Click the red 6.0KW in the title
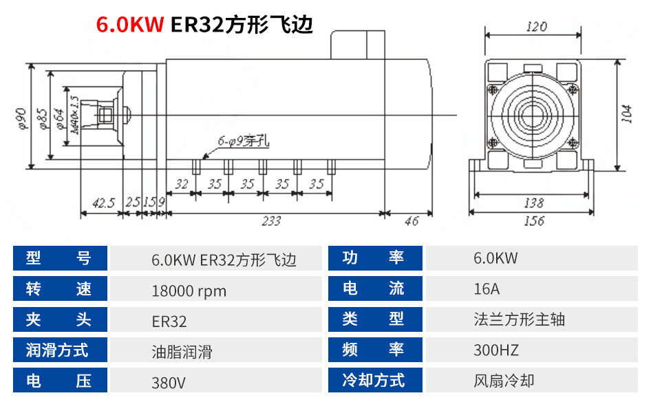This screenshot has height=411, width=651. click(129, 25)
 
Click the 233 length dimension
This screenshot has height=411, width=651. click(271, 221)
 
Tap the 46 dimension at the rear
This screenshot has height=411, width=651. click(412, 221)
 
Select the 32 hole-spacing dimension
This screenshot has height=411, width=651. click(182, 184)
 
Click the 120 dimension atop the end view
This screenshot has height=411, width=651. click(536, 27)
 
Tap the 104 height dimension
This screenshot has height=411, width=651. click(626, 113)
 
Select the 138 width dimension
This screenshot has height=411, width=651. click(533, 202)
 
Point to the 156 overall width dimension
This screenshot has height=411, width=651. click(533, 221)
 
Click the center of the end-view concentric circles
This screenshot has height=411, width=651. click(533, 114)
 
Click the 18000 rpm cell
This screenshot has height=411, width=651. click(189, 291)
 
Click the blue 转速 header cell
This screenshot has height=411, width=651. click(60, 288)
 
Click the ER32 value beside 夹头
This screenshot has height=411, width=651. click(169, 321)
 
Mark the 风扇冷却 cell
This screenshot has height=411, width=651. click(504, 381)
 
